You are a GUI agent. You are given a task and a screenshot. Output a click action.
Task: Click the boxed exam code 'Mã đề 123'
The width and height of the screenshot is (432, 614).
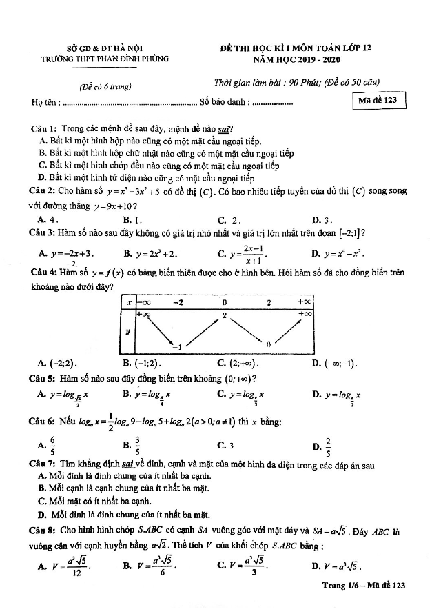378,100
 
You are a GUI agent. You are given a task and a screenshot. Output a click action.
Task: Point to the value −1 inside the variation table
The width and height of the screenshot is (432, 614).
177,346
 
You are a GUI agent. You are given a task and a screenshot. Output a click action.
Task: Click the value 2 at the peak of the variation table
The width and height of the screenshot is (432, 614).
224,315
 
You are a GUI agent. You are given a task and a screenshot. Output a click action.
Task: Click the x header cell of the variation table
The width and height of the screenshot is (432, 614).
128,301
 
